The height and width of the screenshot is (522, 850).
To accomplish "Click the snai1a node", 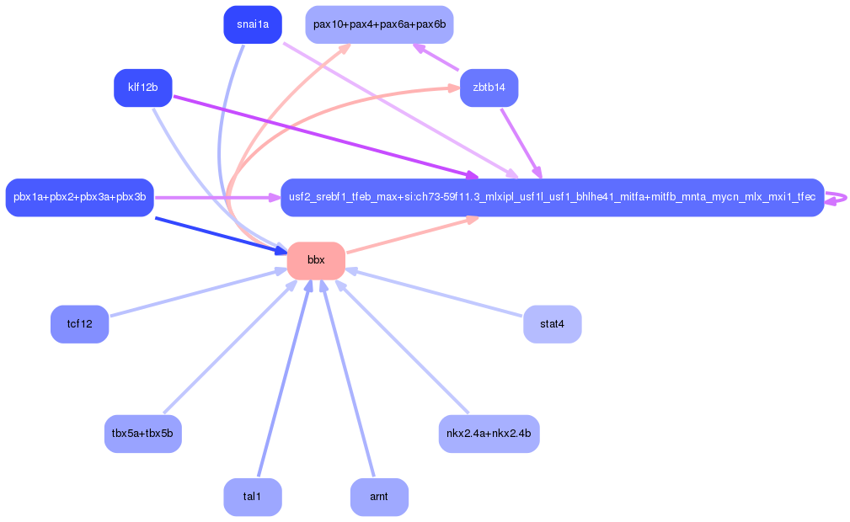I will (x=252, y=24).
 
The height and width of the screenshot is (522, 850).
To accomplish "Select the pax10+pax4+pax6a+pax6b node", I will (x=379, y=24).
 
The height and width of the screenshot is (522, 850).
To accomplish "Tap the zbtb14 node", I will (x=489, y=88).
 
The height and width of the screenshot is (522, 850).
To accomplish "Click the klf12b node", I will (x=142, y=88).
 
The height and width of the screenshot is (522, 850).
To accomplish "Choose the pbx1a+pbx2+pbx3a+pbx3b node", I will (x=79, y=197).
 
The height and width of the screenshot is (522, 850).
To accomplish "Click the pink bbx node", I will (x=316, y=260).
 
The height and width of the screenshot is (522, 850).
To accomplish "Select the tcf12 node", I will (x=79, y=323).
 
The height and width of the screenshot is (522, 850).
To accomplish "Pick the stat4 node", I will (x=552, y=323).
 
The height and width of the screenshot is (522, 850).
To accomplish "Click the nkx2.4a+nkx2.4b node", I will (x=489, y=434).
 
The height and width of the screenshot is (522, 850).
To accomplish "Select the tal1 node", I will (x=252, y=497).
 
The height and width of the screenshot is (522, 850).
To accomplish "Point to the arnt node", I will (x=379, y=497).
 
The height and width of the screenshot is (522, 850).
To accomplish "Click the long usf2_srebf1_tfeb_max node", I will (x=552, y=197).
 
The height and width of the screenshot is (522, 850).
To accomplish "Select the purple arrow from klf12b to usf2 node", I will (x=320, y=136).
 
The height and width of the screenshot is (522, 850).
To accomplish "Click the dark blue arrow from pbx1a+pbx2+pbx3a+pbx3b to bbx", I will (x=219, y=234).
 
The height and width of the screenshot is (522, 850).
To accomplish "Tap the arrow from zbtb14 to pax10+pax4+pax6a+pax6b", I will (x=436, y=57).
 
